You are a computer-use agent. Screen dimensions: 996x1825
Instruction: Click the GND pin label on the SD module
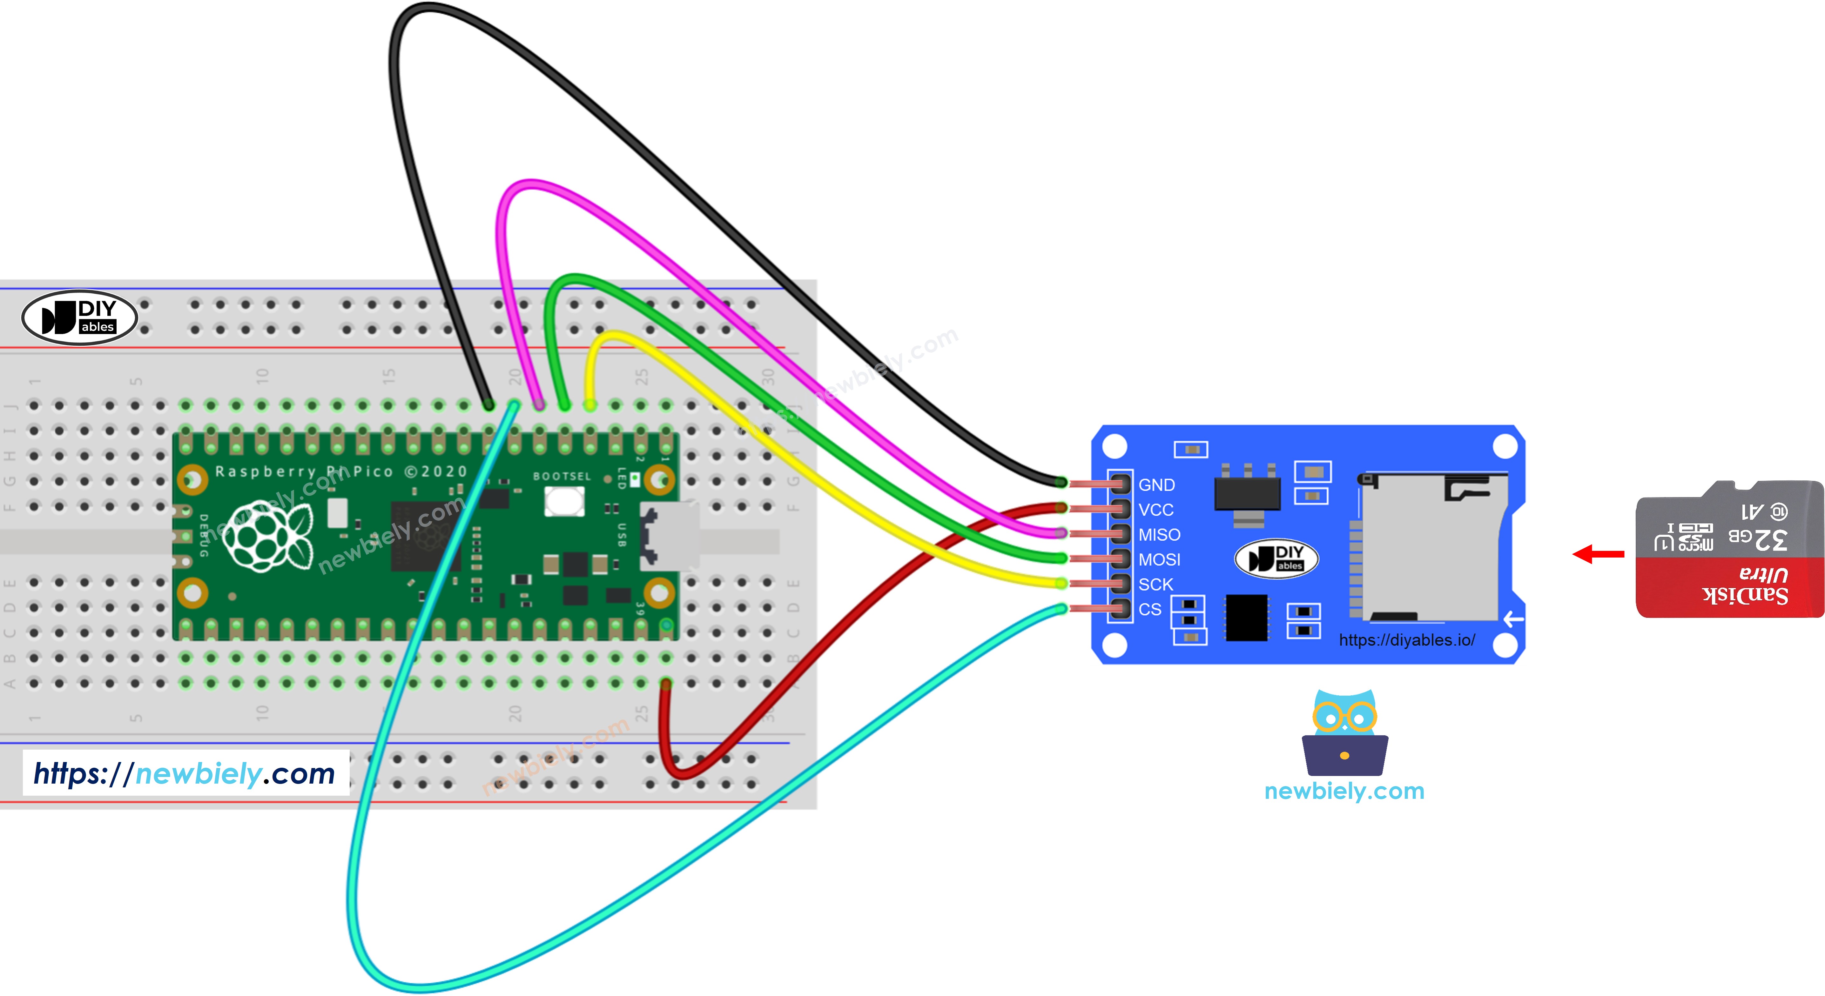(1156, 485)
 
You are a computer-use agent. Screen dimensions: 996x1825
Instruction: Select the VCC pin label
(1155, 510)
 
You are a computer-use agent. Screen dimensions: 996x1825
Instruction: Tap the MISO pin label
(1159, 535)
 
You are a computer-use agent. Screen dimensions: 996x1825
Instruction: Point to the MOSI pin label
(1159, 560)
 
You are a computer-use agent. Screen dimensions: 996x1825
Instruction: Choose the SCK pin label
(1155, 585)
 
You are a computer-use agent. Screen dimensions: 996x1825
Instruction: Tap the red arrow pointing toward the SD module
(1598, 554)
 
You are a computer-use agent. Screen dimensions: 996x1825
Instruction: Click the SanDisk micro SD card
(1729, 549)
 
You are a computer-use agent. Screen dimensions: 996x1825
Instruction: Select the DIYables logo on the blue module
(1276, 558)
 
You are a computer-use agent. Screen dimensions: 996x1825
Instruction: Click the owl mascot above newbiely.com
(1344, 733)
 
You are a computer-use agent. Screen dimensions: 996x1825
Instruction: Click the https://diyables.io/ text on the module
(1406, 640)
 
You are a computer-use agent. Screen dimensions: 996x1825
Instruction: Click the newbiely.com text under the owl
(1344, 791)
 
